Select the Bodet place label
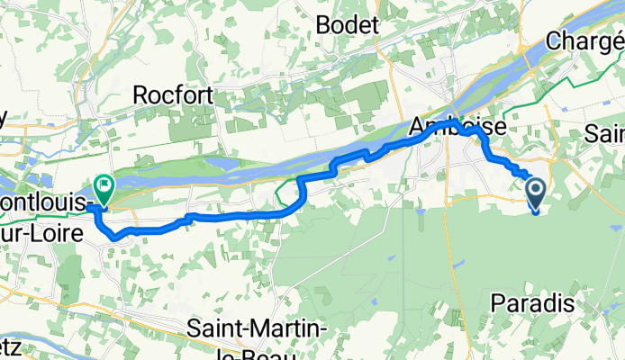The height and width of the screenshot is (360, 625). click(x=347, y=25)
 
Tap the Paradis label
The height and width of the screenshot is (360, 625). click(x=530, y=304)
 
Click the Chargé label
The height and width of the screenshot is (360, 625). click(x=586, y=41)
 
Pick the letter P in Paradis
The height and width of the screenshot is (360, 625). click(x=498, y=304)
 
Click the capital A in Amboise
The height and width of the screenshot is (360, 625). click(x=417, y=128)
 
